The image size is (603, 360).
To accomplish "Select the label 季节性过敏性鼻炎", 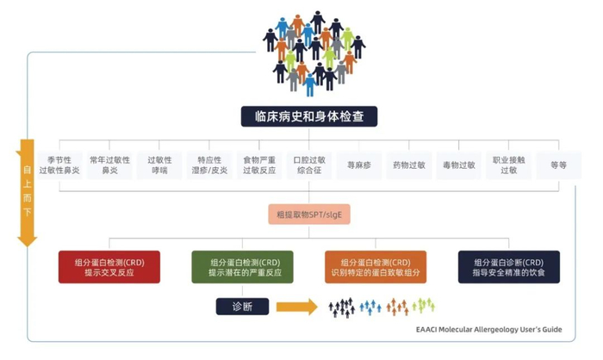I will (65, 164).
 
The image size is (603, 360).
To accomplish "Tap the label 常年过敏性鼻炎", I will (109, 164).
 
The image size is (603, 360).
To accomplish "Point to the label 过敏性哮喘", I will (160, 164).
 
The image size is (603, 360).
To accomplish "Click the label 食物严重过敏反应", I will (258, 164).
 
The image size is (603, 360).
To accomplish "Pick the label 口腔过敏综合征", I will (309, 164).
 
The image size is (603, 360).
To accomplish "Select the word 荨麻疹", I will (359, 164).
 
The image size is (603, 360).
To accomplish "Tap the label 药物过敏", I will (408, 164).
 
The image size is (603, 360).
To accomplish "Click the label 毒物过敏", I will (458, 164).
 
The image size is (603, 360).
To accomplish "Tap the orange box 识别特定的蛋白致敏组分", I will (376, 267).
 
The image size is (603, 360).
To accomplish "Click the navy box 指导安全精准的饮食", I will (508, 267).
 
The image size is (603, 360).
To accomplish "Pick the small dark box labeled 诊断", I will (242, 306).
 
